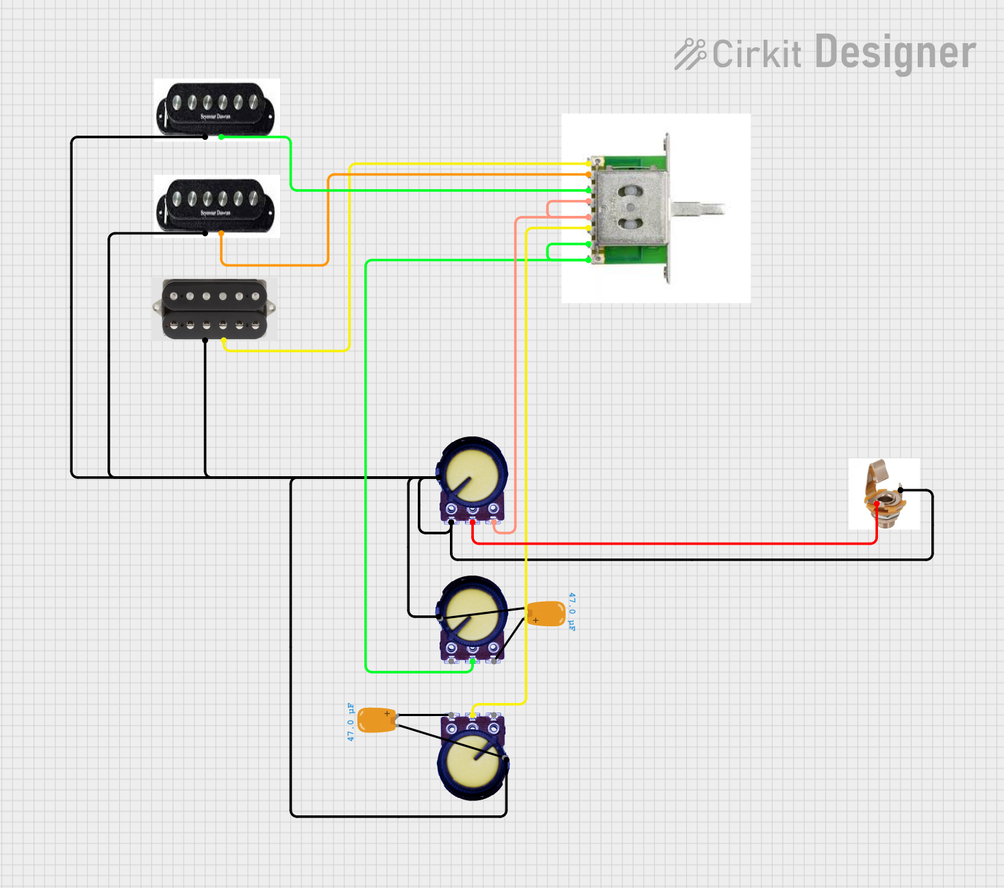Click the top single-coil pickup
[x=216, y=108]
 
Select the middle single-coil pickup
[x=216, y=204]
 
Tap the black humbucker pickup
[x=215, y=309]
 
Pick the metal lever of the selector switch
[x=699, y=208]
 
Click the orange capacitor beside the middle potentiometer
[x=546, y=614]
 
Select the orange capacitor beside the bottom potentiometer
[x=377, y=720]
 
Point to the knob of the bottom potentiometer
[x=473, y=763]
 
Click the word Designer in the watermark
[x=895, y=53]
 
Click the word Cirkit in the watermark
[x=757, y=54]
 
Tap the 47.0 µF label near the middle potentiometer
[x=572, y=612]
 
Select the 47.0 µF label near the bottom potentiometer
[x=351, y=721]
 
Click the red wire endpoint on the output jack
[x=877, y=505]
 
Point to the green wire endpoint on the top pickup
[x=221, y=137]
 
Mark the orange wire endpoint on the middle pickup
[x=221, y=234]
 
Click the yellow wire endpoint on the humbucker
[x=224, y=341]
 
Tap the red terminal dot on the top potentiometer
[x=473, y=523]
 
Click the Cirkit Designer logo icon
[x=690, y=54]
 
